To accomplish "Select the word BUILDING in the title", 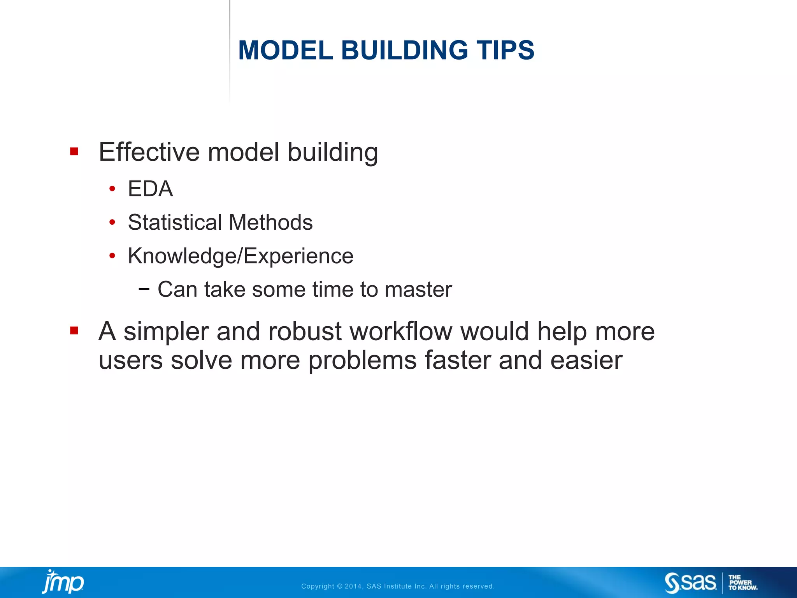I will [x=405, y=51].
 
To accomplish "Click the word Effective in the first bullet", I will [x=149, y=152].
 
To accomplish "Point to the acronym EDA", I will [x=150, y=189].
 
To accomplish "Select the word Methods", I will [x=271, y=223].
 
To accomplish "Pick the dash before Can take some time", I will [x=144, y=289].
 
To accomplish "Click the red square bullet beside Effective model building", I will [x=74, y=151].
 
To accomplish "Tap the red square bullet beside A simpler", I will [x=74, y=331].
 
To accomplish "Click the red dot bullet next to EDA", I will [x=112, y=189].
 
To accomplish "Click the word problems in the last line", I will [x=362, y=361].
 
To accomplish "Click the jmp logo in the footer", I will [x=63, y=582].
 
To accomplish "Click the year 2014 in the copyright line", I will [x=353, y=586].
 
